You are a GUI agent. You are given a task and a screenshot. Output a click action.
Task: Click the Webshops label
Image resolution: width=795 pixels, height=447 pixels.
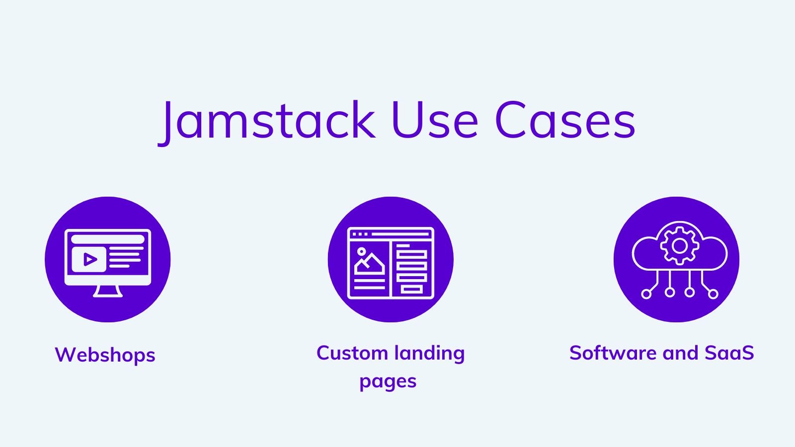pos(105,355)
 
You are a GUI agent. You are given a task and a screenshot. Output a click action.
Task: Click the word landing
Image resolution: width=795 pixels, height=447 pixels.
pos(429,354)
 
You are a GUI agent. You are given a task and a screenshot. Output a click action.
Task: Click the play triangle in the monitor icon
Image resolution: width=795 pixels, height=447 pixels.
pos(90,259)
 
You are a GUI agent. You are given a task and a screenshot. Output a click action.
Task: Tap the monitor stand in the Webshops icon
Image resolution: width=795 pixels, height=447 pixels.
pos(108,291)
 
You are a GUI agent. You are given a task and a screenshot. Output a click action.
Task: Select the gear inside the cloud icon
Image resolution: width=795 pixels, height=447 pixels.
pos(680,246)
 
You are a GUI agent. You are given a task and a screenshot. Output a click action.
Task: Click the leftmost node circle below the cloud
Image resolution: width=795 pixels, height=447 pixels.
pos(646,294)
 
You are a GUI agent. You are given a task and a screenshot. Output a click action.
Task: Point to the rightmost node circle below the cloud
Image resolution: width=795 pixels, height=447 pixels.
pos(713,294)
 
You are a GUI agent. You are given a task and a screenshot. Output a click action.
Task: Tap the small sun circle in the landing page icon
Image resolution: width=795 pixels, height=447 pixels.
pos(361,251)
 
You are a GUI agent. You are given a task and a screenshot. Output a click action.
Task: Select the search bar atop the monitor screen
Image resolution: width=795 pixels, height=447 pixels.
pos(108,239)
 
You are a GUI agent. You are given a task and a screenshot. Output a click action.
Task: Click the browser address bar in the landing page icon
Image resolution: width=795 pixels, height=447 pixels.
pos(400,234)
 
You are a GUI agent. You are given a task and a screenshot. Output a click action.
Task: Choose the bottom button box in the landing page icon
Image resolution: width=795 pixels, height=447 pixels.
pos(412,290)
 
